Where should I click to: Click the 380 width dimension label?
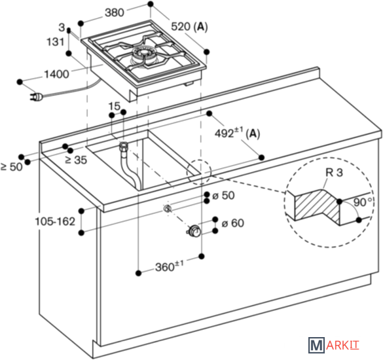click(x=115, y=12)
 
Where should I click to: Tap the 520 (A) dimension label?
click(x=189, y=26)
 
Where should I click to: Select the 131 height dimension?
click(x=56, y=42)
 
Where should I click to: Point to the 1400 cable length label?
click(x=56, y=74)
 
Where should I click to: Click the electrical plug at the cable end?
click(x=37, y=97)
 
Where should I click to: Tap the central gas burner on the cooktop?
click(x=143, y=54)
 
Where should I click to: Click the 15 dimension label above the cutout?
click(x=115, y=106)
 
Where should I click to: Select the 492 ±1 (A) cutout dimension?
click(x=237, y=133)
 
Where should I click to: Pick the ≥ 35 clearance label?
click(x=76, y=160)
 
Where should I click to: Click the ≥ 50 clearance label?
click(x=12, y=167)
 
